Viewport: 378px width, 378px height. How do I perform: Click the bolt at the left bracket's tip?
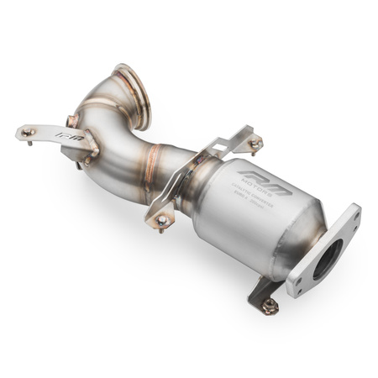pos(26,132)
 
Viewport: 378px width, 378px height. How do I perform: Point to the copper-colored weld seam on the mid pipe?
pos(155,156)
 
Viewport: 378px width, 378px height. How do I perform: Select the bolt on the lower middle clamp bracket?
pos(161,220)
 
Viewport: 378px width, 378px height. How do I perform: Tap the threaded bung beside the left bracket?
pos(81,165)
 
